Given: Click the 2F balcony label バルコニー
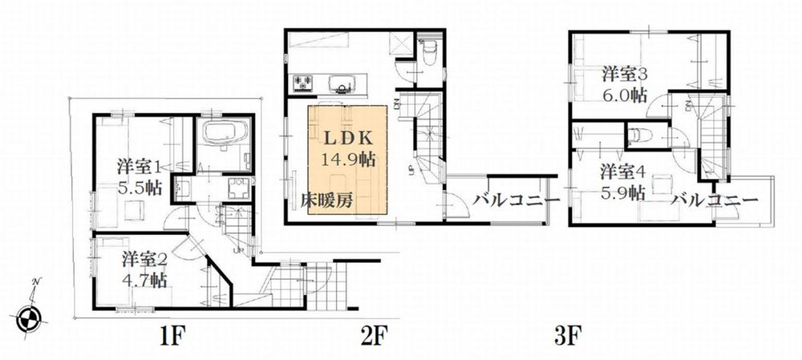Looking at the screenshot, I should click(x=510, y=200).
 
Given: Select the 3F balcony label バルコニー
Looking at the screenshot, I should click(x=715, y=199).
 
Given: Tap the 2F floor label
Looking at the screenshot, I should click(x=375, y=334).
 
